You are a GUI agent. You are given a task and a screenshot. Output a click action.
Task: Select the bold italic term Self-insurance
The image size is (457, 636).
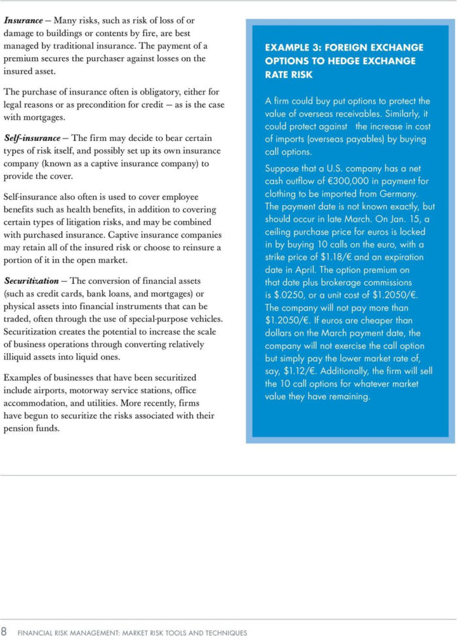31,138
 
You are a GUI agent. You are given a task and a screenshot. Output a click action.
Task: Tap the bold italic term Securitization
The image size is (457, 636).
32,281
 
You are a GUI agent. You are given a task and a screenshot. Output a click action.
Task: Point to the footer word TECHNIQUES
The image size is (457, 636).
223,632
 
